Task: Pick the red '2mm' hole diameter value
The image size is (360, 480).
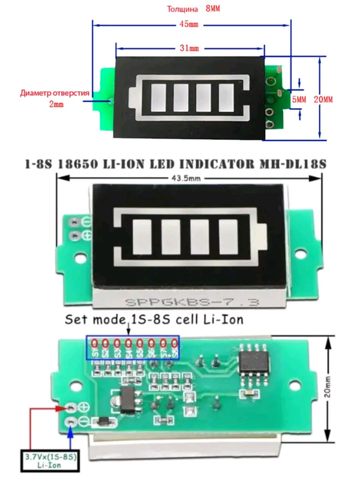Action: [55, 104]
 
